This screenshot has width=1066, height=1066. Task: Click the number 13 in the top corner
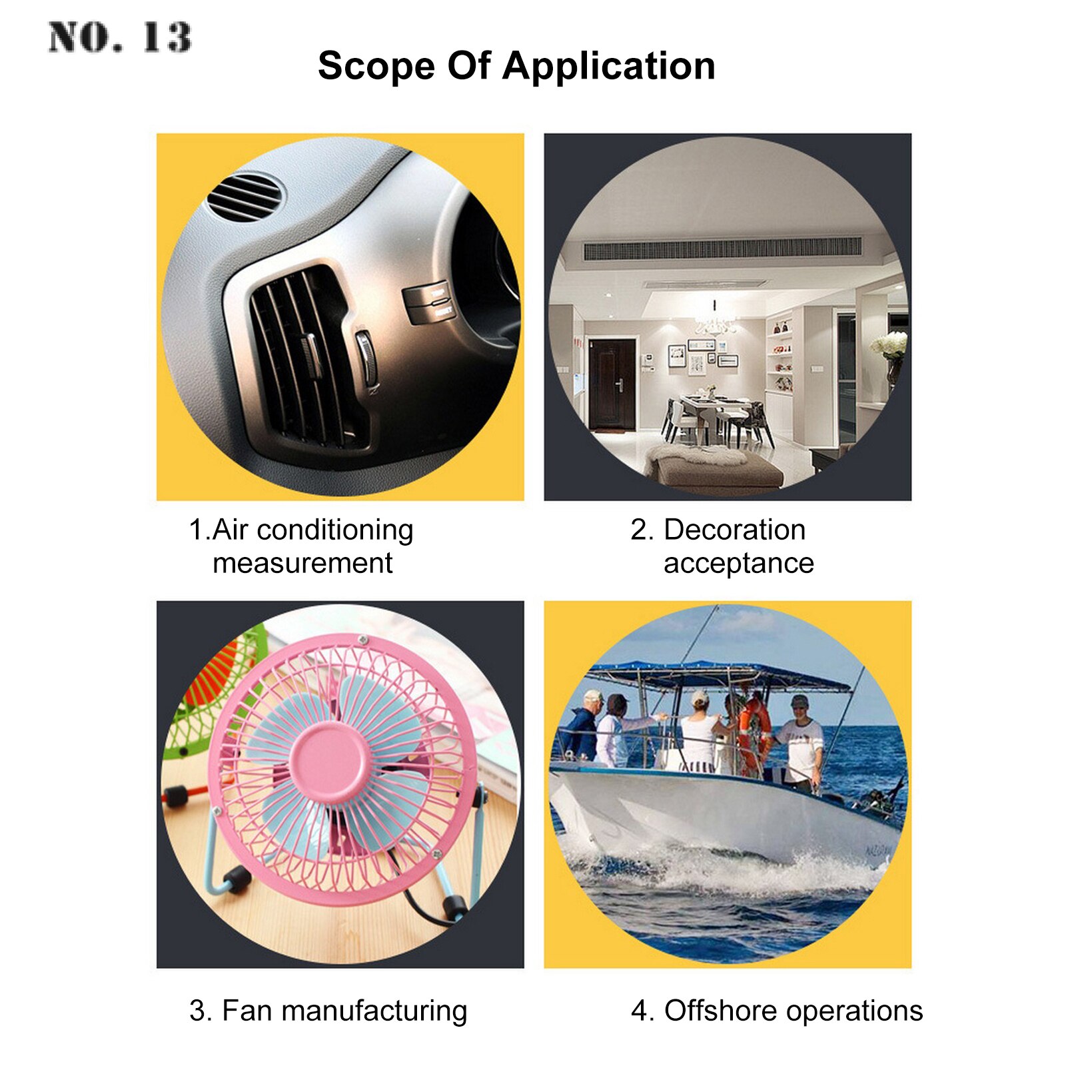point(167,37)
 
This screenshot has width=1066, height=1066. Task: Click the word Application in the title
point(609,67)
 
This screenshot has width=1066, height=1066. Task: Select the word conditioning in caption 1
point(335,531)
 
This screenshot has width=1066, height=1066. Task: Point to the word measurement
point(302,564)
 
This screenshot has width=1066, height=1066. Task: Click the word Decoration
point(735,530)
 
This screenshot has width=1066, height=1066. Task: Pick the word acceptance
point(739,564)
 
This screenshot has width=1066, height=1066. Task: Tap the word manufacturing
point(374,1011)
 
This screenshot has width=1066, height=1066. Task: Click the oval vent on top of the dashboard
point(245,197)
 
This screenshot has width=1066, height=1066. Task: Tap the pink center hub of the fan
point(327,762)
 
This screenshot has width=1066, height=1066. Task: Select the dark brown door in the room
point(612,384)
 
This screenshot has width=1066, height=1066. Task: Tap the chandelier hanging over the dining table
point(714,323)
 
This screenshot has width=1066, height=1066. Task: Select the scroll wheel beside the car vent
point(366,356)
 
